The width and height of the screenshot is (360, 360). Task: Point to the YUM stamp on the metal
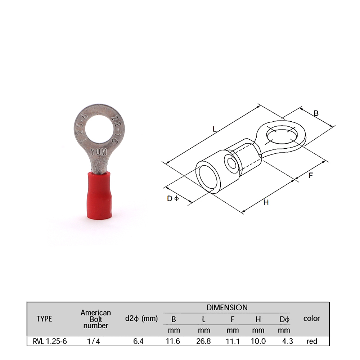pos(99,152)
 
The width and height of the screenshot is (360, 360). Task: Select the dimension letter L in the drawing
pos(215,129)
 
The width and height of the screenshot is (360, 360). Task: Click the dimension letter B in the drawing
pos(316,113)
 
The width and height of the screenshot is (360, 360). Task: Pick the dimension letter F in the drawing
pos(310,175)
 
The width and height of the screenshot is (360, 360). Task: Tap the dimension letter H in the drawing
pos(266,202)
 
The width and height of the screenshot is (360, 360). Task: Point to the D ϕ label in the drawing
pos(173,198)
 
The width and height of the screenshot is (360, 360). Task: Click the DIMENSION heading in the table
pos(227,307)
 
